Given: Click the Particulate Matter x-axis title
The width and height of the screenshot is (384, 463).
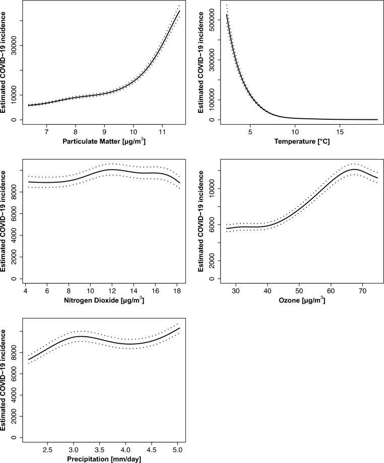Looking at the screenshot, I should click(105, 142).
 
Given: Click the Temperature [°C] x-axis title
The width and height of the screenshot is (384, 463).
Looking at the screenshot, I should click(302, 142).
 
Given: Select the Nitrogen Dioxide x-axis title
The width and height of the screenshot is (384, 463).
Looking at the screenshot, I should click(105, 300).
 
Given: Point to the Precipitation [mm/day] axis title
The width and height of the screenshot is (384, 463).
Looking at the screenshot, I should click(105, 459).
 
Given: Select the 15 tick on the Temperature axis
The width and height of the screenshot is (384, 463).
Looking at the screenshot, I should click(340, 132).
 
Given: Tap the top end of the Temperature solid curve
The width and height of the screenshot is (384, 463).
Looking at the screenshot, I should click(227, 15).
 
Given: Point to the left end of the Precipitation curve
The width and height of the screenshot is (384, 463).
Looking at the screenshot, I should click(29, 359).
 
